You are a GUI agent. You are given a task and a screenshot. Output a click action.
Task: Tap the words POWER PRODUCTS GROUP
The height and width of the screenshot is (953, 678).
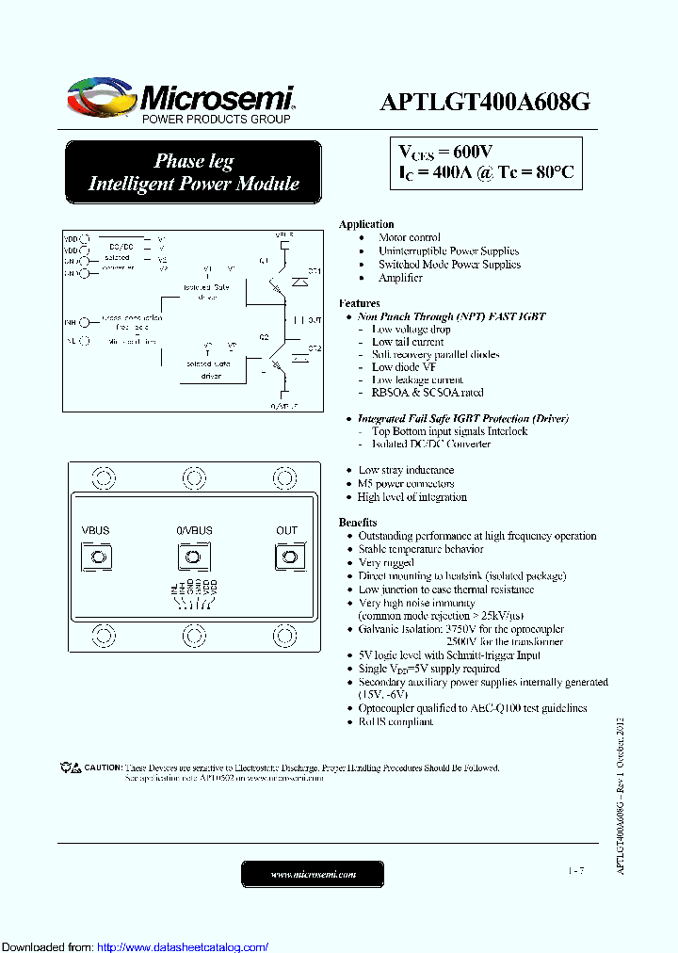point(216,120)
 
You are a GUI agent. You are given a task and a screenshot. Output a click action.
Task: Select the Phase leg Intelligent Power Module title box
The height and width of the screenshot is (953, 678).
point(193,172)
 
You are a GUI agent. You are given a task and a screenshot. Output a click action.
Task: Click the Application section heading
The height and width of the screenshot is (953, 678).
point(366,224)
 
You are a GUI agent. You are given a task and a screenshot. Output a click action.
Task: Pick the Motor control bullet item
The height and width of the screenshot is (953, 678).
point(409,237)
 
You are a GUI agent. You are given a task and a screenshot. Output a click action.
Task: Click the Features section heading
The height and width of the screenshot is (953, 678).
point(359,303)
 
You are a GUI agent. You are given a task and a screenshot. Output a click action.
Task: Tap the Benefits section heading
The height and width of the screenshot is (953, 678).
point(358,523)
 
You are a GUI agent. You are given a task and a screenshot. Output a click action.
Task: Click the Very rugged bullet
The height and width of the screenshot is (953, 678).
point(386,562)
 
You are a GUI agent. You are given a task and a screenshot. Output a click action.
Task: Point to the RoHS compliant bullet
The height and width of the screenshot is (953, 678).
point(395,722)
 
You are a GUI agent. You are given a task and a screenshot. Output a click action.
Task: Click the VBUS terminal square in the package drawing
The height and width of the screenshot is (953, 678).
point(96,558)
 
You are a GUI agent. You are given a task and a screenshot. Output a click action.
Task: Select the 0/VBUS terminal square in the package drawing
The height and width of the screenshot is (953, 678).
point(194,558)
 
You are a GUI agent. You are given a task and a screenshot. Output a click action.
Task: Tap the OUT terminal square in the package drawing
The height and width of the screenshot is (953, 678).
point(286,558)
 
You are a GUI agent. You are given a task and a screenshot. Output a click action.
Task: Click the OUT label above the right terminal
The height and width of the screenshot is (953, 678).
point(286,531)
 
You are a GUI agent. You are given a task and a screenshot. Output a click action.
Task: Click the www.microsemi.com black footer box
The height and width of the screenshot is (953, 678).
point(313,874)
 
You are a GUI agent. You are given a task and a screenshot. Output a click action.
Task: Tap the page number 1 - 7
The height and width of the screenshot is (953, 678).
point(575,871)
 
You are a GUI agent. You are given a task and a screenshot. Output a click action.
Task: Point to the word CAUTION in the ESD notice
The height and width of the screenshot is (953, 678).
point(103,767)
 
